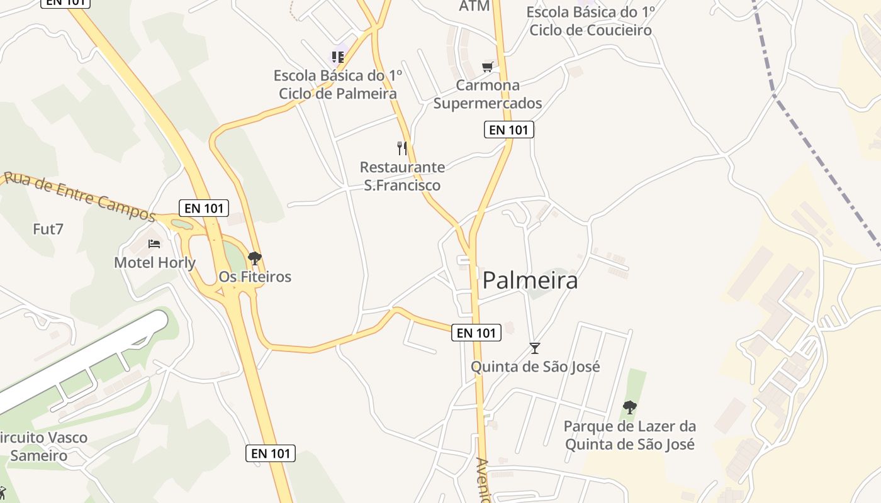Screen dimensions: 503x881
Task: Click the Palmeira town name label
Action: tap(530, 280)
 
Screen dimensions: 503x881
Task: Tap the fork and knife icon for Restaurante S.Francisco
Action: tap(402, 148)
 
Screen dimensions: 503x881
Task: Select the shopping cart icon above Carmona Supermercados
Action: tap(487, 67)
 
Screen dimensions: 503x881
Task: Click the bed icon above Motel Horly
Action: tap(154, 243)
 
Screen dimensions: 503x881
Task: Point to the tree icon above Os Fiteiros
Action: tap(254, 258)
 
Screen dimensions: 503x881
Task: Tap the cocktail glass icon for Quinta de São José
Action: tap(535, 348)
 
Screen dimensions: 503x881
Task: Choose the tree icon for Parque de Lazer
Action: tap(629, 407)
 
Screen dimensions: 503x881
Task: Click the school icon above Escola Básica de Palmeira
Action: tap(338, 57)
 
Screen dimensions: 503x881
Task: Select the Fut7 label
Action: tap(48, 229)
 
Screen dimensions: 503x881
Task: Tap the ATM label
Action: tap(474, 6)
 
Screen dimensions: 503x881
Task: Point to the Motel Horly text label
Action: tap(155, 262)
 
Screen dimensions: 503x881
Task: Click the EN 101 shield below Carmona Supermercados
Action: tap(508, 130)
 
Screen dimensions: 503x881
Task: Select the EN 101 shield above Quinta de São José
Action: tap(476, 333)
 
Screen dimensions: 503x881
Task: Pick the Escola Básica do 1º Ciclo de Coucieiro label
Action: tap(590, 21)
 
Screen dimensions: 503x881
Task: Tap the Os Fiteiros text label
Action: tap(255, 277)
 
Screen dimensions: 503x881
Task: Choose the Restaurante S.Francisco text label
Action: tap(402, 176)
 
